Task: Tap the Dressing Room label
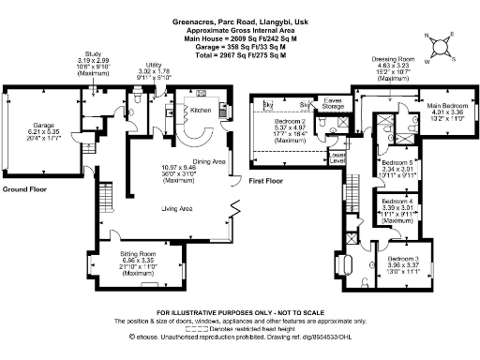point(381,58)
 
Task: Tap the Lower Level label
point(337,157)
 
